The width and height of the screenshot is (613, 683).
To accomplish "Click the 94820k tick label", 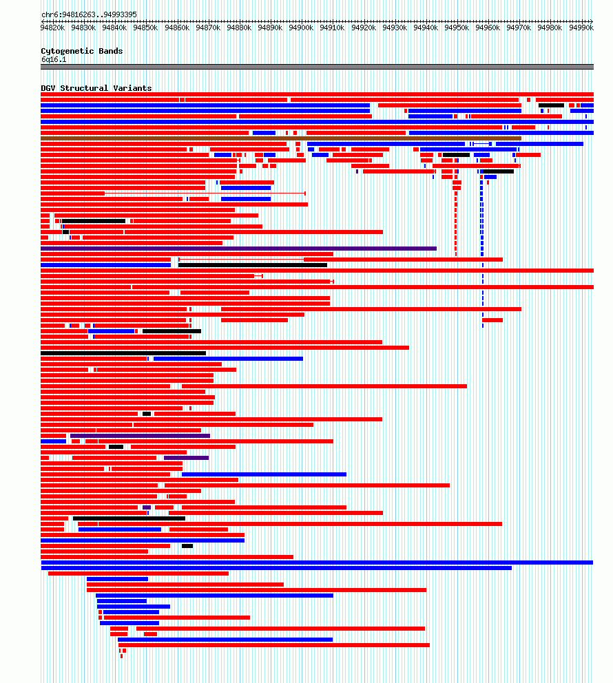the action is pos(52,28).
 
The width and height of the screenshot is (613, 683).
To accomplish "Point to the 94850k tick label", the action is pos(145,28).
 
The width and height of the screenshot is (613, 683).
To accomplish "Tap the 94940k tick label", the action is pos(426,28).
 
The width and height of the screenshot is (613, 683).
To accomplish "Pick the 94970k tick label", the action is pos(519,28).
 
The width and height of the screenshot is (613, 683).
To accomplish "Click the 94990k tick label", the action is pos(581,28).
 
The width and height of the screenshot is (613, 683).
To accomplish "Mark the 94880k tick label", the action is pos(239,28).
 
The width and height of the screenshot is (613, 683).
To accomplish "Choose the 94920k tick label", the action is pos(364,28).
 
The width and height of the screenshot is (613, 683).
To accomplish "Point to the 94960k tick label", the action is pos(488,28).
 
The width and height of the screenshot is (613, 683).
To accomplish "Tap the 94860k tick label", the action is pos(177,28).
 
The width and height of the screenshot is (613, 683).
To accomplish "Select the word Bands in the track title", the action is pos(111,51).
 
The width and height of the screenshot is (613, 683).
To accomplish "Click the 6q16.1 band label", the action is pos(54,59).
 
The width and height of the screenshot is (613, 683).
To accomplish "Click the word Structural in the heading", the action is pos(84,88).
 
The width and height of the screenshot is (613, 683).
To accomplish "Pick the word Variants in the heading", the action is pos(132,88).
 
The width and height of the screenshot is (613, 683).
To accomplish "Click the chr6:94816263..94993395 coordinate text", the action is pos(89,14).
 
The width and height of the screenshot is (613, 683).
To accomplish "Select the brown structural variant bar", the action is pos(281,138).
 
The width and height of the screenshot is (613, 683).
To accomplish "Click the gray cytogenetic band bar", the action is pos(317,67).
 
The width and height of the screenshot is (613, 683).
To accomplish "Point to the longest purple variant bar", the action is pos(239,249).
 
